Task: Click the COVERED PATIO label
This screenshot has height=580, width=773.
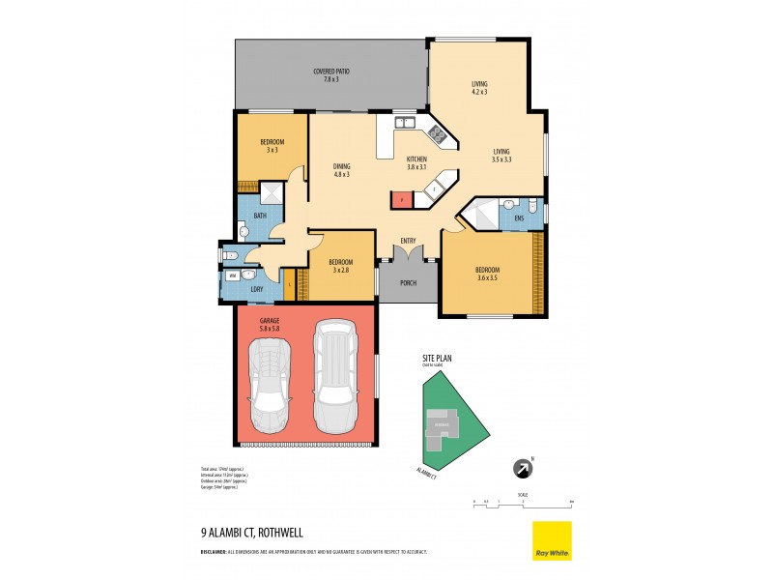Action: point(330,74)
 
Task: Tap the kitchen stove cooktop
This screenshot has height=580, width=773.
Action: point(437,136)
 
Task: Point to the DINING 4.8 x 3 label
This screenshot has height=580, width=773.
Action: point(340,170)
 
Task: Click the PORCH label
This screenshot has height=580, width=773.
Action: point(409,283)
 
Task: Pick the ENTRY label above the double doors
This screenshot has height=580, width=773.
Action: point(409,240)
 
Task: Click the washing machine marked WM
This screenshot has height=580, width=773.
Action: point(232,275)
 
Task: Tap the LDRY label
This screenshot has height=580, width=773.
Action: point(257,289)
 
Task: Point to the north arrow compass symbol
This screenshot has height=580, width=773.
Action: point(523,468)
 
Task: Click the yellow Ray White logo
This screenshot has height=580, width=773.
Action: point(552,540)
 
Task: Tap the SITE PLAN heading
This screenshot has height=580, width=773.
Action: point(438,358)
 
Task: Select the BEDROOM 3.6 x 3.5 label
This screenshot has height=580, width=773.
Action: point(486,274)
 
